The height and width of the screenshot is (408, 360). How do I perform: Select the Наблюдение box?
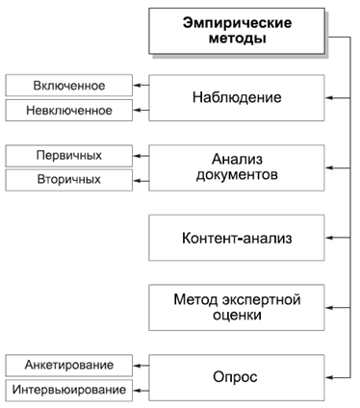[x=237, y=98]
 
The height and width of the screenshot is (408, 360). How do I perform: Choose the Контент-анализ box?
[x=237, y=237]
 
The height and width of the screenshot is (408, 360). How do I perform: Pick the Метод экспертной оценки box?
[x=237, y=307]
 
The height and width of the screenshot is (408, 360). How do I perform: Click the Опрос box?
[x=237, y=377]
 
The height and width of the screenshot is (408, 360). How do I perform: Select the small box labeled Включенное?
[x=68, y=87]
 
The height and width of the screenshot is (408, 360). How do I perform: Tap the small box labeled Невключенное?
[x=68, y=110]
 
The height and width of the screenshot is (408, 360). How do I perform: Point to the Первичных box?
[x=68, y=155]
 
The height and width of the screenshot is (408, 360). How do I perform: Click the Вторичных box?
[x=68, y=179]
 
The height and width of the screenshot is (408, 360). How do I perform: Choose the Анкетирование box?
[x=68, y=366]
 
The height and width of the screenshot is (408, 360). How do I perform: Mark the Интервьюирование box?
[x=68, y=390]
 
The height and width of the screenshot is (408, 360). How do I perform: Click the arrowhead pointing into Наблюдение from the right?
[x=330, y=98]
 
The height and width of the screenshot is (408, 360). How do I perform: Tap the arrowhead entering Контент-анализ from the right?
[x=330, y=237]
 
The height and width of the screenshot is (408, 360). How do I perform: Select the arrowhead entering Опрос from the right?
[x=330, y=377]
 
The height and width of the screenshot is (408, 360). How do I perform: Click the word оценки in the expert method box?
[x=237, y=316]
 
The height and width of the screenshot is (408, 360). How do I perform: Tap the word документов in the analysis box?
[x=237, y=176]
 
